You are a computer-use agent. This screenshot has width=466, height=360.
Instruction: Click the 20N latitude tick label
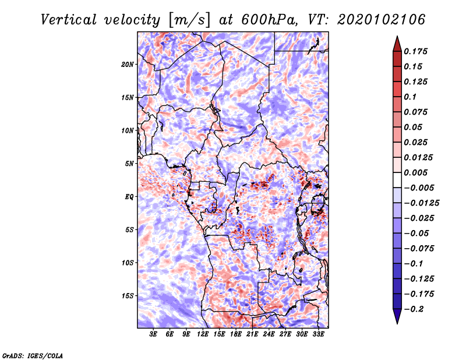(128, 65)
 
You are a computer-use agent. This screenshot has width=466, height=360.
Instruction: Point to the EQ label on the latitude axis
(129, 197)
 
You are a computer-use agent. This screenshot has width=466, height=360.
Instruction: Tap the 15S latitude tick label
(128, 296)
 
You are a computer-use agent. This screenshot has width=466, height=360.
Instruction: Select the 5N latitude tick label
(129, 164)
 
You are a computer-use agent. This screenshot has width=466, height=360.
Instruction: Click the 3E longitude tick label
(153, 334)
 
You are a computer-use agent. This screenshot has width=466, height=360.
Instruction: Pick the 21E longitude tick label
(252, 334)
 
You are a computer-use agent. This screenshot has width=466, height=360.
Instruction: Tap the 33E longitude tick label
(318, 334)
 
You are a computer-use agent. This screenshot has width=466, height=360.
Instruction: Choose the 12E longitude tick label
(203, 334)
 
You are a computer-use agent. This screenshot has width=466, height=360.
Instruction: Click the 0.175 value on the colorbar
(415, 51)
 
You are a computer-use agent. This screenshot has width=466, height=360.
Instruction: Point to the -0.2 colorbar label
(414, 309)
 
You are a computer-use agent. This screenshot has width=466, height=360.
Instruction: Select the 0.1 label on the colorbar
(410, 97)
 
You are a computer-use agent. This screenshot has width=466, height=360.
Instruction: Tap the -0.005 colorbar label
(419, 188)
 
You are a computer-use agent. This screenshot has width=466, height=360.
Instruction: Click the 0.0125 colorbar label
(418, 157)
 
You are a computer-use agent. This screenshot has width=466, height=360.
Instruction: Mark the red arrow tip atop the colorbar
(397, 37)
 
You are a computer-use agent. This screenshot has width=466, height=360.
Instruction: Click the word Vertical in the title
(69, 20)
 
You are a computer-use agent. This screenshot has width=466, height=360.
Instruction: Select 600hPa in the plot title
(269, 20)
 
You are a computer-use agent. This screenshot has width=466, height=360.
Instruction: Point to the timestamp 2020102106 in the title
(382, 20)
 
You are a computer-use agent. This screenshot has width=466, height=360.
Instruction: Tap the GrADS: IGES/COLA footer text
(33, 356)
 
